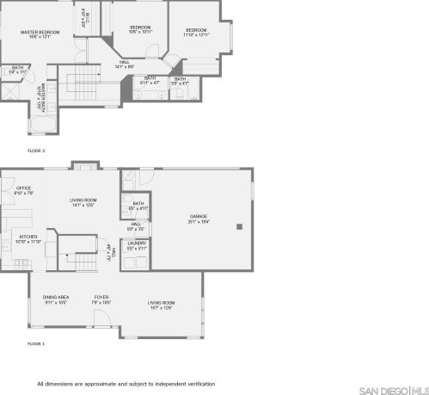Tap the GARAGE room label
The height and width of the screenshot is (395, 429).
click(199, 219)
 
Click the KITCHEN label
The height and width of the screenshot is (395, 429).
click(29, 238)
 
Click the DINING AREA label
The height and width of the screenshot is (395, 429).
click(56, 299)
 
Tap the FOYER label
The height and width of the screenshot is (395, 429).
click(101, 299)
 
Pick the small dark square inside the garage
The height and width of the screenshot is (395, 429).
click(240, 227)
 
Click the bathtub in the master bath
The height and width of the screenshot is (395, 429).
click(41, 127)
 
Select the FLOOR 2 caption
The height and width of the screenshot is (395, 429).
click(36, 151)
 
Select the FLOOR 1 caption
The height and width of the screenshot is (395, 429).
click(36, 343)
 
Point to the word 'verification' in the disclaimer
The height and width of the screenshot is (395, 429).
click(198, 384)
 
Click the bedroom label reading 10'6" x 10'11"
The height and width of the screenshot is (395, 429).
click(140, 30)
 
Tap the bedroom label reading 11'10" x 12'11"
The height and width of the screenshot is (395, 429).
click(196, 33)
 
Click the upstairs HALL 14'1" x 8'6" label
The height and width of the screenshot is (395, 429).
click(125, 64)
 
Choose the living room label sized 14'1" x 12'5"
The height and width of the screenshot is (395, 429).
click(83, 203)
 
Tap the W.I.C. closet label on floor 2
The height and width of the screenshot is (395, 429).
click(84, 17)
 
